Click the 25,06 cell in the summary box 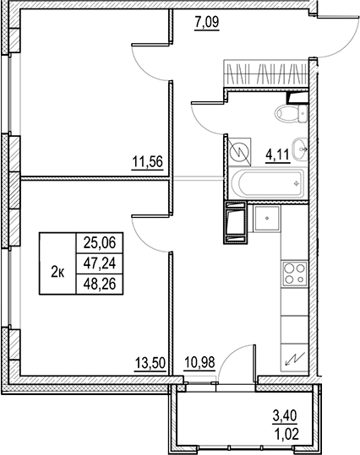100,243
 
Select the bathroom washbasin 298,145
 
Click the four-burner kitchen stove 293,273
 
